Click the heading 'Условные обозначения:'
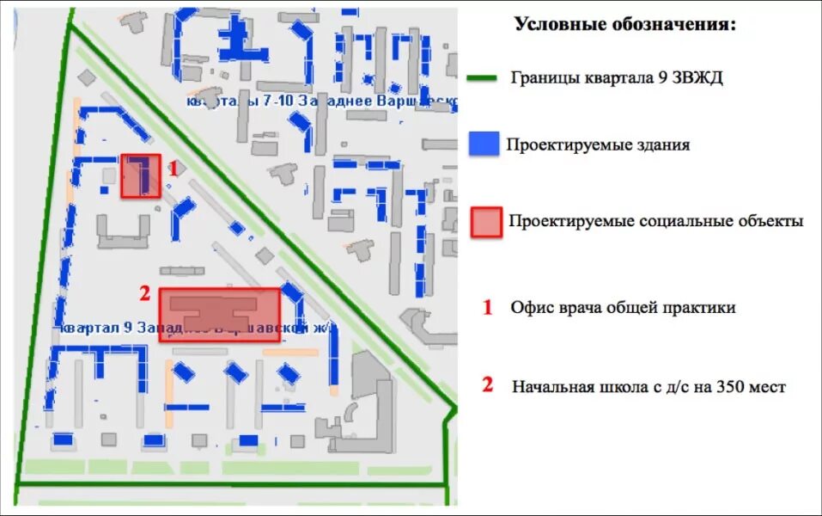[624, 24]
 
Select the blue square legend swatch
[484, 144]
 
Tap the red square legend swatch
[486, 222]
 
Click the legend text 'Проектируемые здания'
[598, 144]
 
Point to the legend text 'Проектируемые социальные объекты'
[655, 222]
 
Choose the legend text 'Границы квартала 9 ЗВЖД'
[616, 78]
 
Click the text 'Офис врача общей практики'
[622, 307]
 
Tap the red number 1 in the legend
[487, 307]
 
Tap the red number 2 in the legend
[487, 385]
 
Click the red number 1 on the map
[172, 169]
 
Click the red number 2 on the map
[145, 294]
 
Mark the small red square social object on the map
[140, 176]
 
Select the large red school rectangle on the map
[219, 315]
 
